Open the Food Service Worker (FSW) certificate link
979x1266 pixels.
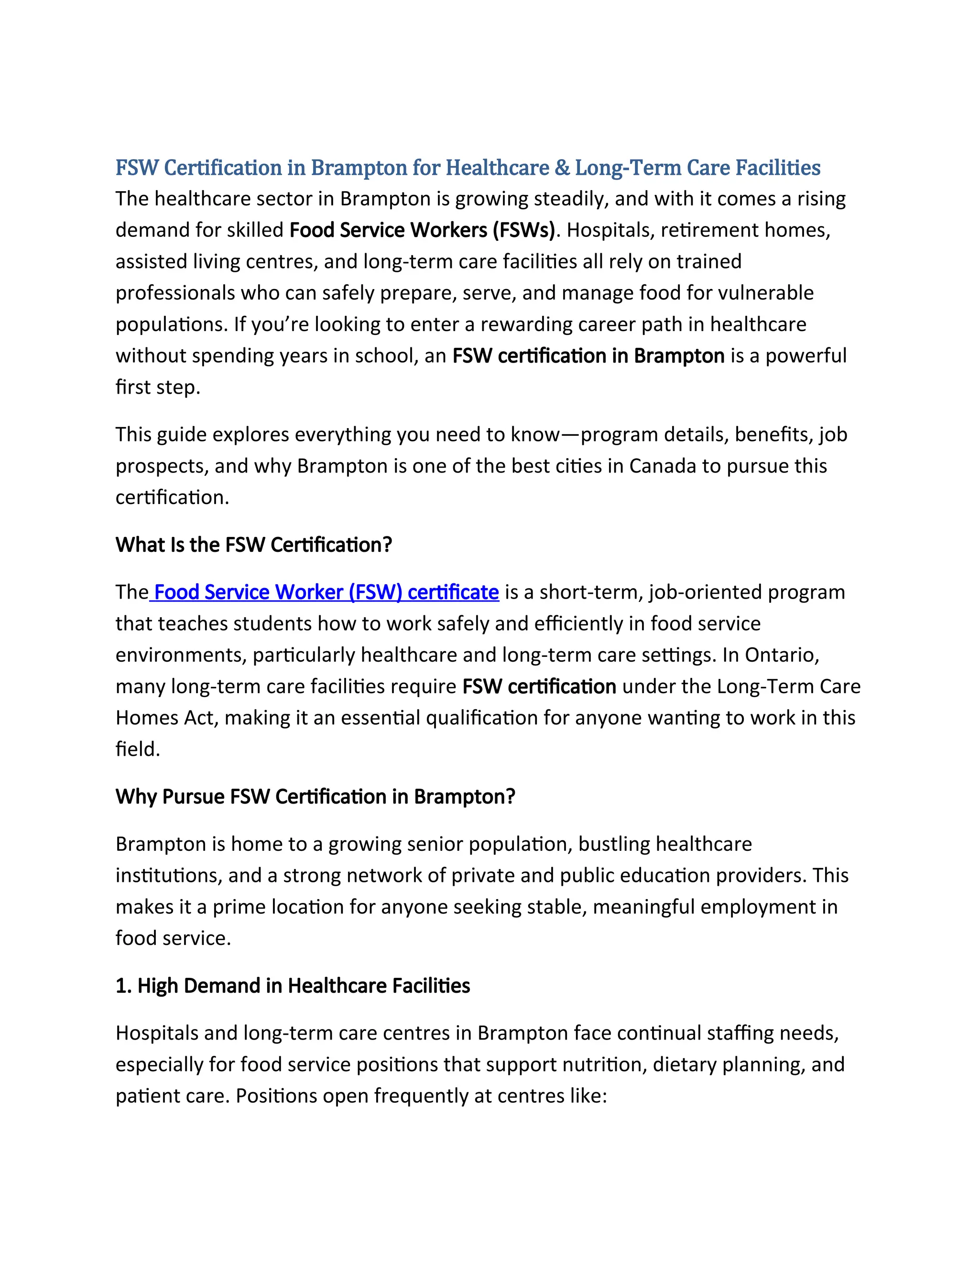click(326, 592)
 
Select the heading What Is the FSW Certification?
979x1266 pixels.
click(254, 545)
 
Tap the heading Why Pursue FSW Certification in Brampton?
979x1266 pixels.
click(315, 797)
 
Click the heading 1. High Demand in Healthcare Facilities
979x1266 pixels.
click(293, 986)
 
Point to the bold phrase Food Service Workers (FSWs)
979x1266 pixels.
click(422, 230)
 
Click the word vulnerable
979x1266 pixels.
click(766, 293)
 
